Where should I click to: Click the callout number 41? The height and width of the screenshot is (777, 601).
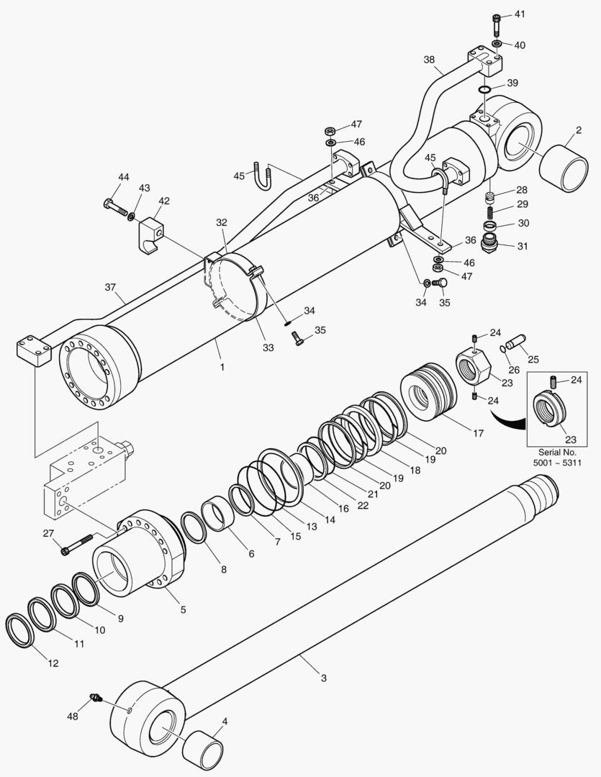(520, 14)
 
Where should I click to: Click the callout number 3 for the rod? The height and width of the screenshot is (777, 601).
(323, 678)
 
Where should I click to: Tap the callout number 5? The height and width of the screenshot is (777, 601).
(183, 609)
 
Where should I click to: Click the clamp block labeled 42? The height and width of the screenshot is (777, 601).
(150, 234)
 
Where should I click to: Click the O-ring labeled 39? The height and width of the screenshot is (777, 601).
(484, 89)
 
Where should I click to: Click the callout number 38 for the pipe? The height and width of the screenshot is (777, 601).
(429, 60)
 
